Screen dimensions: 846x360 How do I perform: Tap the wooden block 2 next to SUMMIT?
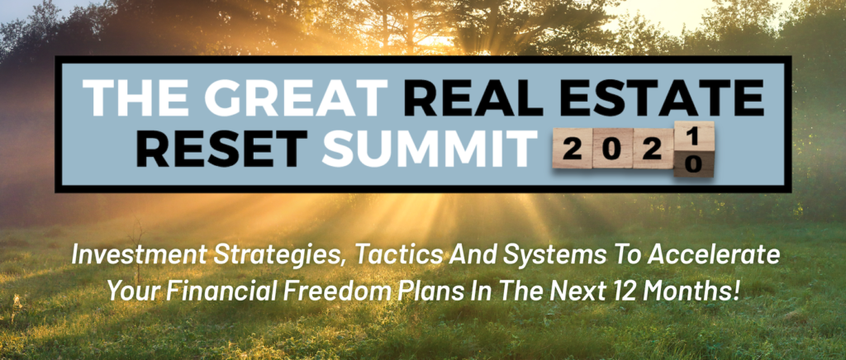click(573, 148)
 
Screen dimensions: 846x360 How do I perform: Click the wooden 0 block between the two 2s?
click(612, 148)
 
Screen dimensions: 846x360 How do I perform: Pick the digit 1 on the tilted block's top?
click(694, 136)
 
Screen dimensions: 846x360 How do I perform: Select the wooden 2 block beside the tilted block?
click(653, 148)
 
